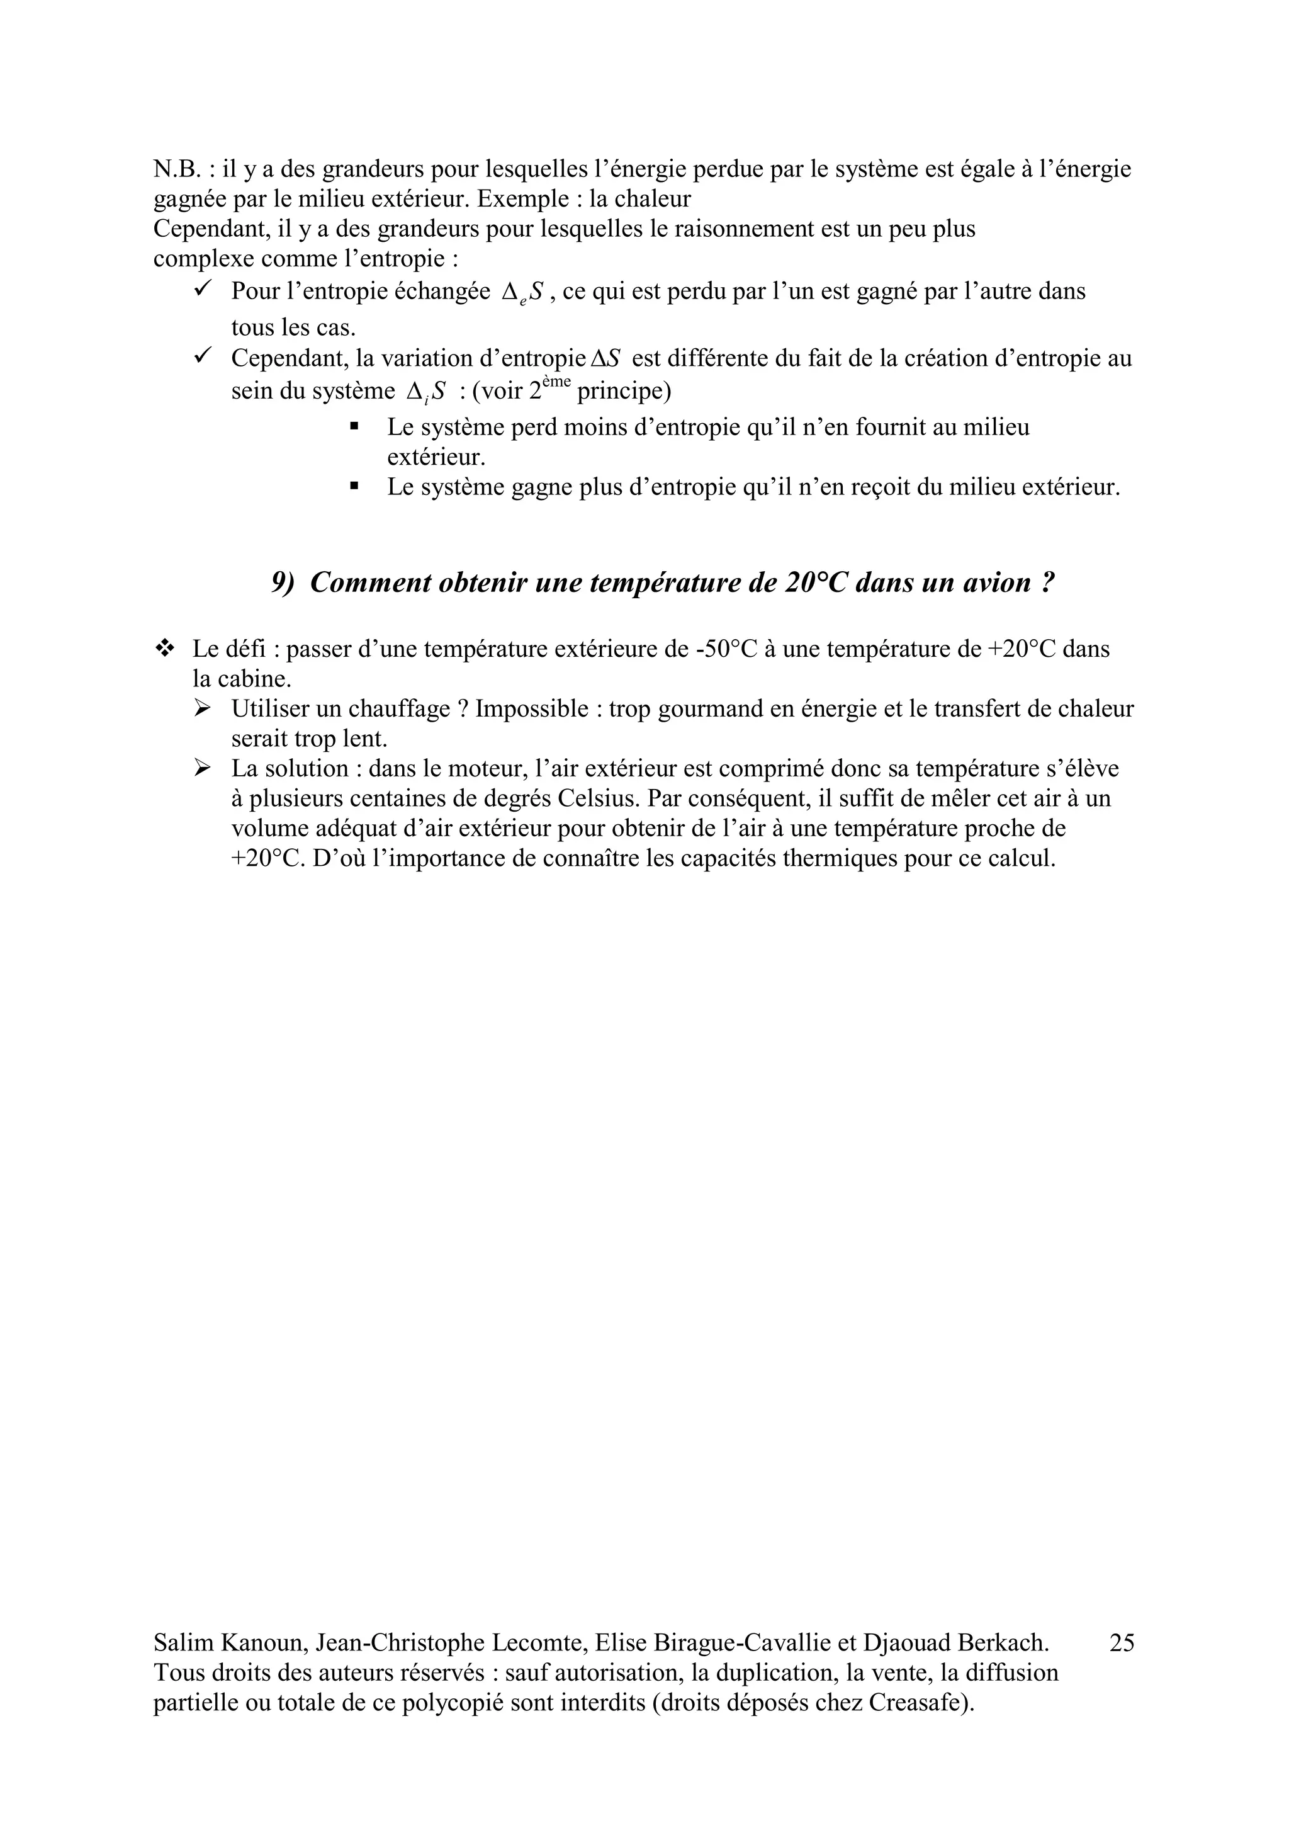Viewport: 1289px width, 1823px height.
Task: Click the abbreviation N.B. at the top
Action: point(176,169)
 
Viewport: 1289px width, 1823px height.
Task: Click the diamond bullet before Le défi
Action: point(165,649)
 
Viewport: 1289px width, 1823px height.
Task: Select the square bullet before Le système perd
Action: point(354,426)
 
